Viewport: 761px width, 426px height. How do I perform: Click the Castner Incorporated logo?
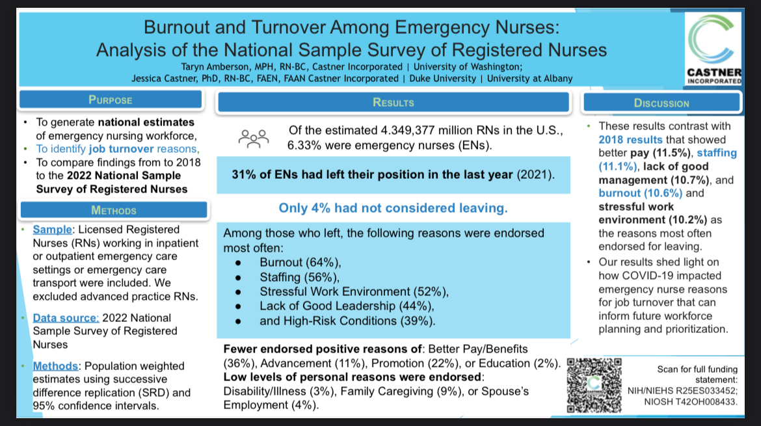pyautogui.click(x=714, y=49)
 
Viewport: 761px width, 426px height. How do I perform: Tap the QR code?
pyautogui.click(x=594, y=385)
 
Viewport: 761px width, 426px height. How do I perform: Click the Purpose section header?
pyautogui.click(x=111, y=100)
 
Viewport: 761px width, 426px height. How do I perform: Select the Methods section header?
pyautogui.click(x=114, y=210)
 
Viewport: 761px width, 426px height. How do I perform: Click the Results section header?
pyautogui.click(x=394, y=102)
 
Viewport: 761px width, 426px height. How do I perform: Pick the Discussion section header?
pyautogui.click(x=661, y=103)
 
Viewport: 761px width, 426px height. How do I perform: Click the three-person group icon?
pyautogui.click(x=254, y=138)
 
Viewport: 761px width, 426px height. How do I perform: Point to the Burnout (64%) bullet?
pyautogui.click(x=300, y=262)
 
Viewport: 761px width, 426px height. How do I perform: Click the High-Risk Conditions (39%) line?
pyautogui.click(x=348, y=321)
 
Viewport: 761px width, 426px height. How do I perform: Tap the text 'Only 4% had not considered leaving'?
pyautogui.click(x=393, y=208)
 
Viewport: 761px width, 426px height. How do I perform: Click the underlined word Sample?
pyautogui.click(x=52, y=230)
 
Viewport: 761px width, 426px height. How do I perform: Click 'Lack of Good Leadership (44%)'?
pyautogui.click(x=346, y=306)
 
